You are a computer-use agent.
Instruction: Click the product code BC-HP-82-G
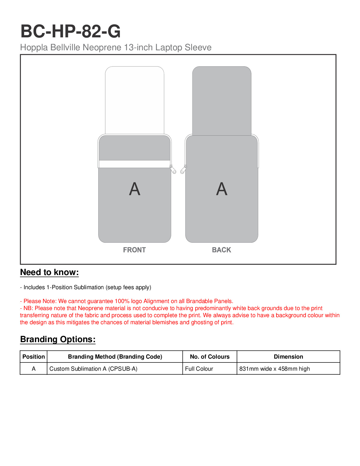point(71,31)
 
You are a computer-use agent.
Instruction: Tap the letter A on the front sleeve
point(135,189)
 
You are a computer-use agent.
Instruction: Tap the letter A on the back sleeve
point(222,189)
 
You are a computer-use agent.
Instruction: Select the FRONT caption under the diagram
point(134,250)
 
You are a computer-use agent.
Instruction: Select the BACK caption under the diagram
point(221,250)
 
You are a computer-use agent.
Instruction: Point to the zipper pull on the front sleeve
point(174,170)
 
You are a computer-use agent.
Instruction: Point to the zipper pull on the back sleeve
point(183,170)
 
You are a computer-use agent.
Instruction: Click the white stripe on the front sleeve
point(134,164)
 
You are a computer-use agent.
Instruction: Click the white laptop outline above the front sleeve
point(134,100)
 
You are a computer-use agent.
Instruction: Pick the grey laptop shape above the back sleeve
point(222,100)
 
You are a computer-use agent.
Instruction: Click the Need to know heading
point(49,272)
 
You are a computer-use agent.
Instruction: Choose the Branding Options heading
point(58,339)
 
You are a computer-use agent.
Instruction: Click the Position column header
point(34,357)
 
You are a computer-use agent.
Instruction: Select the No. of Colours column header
point(210,357)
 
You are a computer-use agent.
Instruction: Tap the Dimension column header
point(288,357)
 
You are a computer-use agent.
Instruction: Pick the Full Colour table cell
point(199,369)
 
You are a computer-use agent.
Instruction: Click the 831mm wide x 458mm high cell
point(274,369)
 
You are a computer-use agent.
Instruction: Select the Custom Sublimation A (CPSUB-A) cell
point(93,369)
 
